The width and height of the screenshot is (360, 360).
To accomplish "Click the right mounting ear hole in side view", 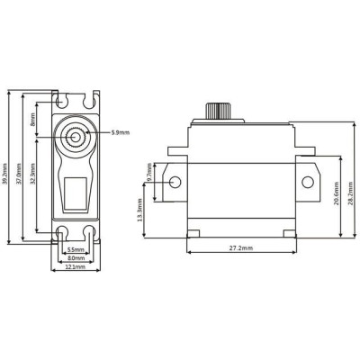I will (307, 183).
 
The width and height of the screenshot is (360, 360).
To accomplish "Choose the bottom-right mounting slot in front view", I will (90, 236).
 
